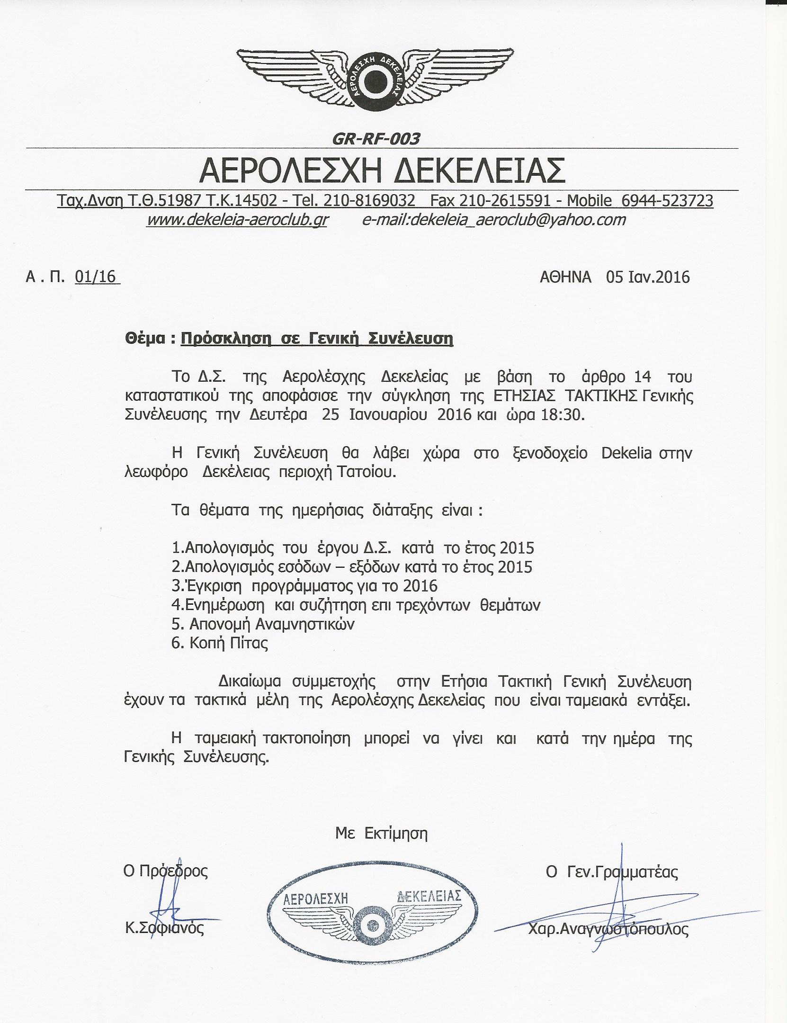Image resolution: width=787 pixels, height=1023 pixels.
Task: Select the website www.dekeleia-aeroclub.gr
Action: (x=237, y=220)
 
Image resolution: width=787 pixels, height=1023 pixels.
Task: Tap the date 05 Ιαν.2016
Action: (x=647, y=277)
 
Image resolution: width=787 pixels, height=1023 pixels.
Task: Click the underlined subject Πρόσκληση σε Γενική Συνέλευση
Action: (x=317, y=339)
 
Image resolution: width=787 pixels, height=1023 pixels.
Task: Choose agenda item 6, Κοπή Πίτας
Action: (x=220, y=644)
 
